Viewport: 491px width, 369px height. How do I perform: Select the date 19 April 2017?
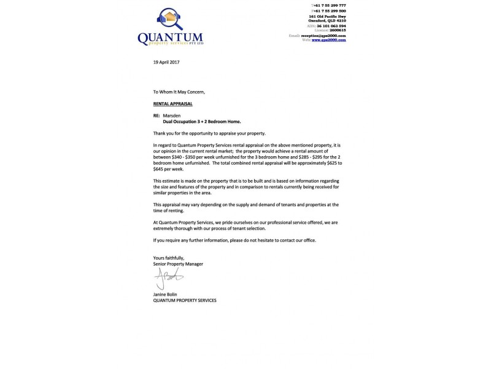tap(166, 63)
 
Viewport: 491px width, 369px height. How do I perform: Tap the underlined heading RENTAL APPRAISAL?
tap(172, 105)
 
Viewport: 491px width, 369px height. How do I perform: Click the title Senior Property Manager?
tap(178, 264)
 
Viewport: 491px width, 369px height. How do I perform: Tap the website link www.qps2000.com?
tap(329, 39)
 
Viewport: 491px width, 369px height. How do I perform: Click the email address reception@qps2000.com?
tap(323, 36)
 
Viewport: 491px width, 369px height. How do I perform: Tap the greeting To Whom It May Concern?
tap(179, 92)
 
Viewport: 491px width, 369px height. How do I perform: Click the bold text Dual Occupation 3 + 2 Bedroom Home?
tap(196, 122)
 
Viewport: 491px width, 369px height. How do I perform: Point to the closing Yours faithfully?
tap(169, 258)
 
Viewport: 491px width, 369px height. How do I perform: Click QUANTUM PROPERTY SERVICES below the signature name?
tap(184, 300)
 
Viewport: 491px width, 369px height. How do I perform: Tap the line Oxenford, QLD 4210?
tap(327, 20)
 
